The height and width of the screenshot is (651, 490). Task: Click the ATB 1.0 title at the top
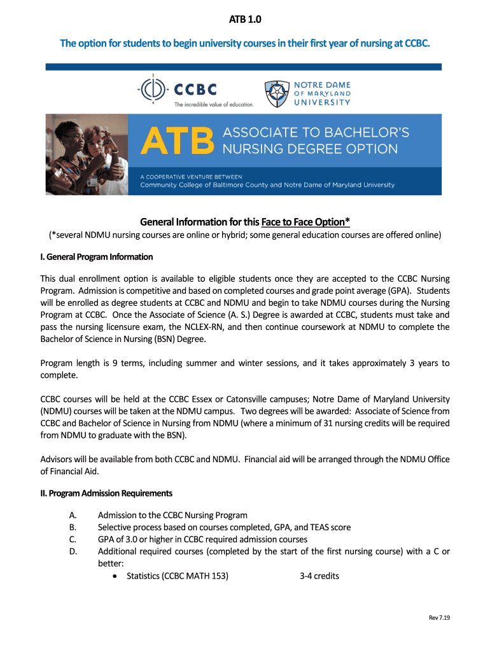245,20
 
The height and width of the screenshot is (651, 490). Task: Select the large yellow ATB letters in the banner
177,140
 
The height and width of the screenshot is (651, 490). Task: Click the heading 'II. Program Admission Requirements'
106,493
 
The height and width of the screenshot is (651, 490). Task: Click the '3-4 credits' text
319,576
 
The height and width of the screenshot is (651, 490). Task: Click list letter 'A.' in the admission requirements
73,515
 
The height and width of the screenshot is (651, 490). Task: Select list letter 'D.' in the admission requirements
73,551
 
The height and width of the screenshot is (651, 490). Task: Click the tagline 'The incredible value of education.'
214,104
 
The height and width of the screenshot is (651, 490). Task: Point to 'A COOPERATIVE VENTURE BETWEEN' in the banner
191,176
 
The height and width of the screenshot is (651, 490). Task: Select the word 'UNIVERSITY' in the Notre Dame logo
322,102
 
